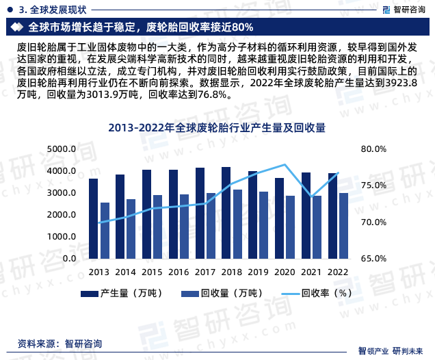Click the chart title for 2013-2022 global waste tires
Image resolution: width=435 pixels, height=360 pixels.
[217, 128]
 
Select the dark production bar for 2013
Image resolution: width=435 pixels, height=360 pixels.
[93, 219]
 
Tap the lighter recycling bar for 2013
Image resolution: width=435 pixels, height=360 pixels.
[105, 231]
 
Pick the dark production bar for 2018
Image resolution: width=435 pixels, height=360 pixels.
[226, 213]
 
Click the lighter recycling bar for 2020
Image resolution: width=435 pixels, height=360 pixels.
[291, 227]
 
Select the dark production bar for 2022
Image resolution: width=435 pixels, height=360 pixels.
[332, 216]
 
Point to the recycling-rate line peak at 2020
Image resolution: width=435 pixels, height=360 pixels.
[285, 165]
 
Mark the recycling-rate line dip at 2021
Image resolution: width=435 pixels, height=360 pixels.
[311, 197]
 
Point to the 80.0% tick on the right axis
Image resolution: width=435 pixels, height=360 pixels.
[373, 149]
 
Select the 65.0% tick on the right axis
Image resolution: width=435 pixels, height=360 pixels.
[373, 259]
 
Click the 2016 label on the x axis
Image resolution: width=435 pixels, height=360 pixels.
[179, 272]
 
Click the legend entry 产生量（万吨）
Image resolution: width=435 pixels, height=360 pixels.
[120, 294]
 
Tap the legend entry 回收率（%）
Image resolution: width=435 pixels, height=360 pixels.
[317, 294]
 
